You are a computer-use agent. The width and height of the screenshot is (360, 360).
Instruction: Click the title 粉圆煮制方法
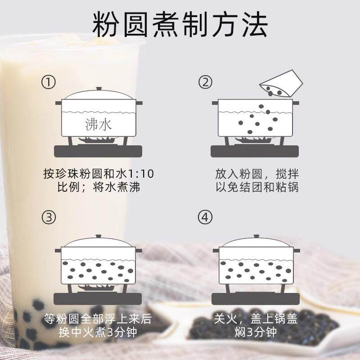(180, 24)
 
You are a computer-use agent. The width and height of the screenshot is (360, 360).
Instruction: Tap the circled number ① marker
(49, 82)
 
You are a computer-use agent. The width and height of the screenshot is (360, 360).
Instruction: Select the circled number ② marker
(205, 82)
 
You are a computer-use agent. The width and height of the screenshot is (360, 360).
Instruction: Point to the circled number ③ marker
(49, 217)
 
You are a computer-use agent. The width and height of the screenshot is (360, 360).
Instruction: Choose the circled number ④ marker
(205, 217)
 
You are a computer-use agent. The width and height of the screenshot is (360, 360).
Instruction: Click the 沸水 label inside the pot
(98, 125)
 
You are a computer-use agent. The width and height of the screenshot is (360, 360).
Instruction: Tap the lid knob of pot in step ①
(99, 89)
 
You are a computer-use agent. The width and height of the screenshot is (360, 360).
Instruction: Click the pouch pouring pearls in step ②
(281, 84)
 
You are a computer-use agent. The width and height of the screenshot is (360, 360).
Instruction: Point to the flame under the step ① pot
(97, 139)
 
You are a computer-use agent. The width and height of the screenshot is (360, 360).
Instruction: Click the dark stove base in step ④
(256, 299)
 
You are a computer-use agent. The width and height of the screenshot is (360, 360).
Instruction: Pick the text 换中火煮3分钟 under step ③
(98, 332)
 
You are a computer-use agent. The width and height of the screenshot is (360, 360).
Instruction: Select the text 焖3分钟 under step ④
(256, 332)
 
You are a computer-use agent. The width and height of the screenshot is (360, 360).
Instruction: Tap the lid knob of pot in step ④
(256, 237)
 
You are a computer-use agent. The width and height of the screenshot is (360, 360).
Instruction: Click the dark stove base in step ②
(255, 151)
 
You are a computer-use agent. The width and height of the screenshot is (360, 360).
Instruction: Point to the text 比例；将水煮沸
(99, 187)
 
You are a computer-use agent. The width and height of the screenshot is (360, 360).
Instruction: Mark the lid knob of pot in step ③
(99, 236)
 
